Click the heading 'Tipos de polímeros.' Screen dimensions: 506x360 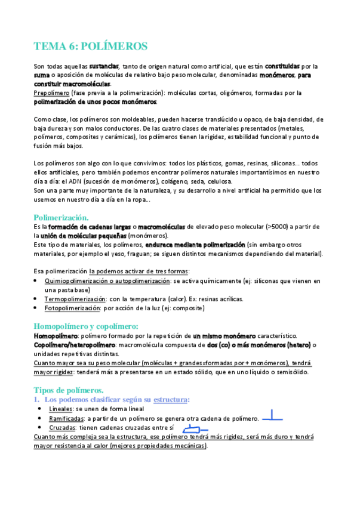(69, 390)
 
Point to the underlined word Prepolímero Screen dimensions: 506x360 (51, 93)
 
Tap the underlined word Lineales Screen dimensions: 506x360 (61, 409)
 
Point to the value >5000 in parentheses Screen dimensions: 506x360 (291, 227)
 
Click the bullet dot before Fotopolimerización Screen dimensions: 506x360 (38, 308)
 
